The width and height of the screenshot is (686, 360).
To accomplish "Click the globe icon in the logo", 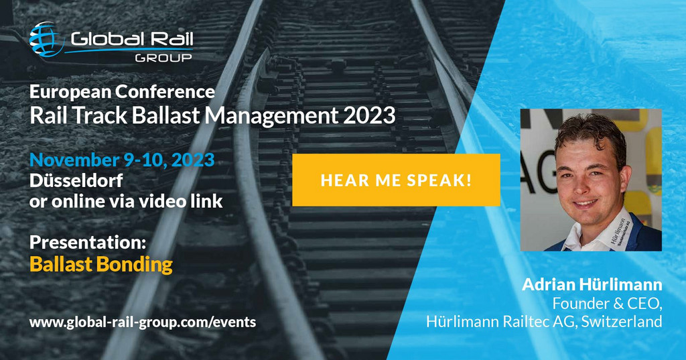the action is (x=46, y=39).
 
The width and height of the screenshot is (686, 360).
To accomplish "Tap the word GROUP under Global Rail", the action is (x=163, y=58).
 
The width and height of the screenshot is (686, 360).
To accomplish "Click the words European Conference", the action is (x=122, y=92).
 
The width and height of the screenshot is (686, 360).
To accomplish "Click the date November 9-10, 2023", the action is (x=122, y=160).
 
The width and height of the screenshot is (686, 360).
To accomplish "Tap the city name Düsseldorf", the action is (x=76, y=180).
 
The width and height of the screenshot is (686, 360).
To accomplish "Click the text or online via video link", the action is (x=126, y=201).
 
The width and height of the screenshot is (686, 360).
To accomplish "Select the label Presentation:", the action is (x=88, y=242).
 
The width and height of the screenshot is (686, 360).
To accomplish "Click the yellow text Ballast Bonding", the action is (x=101, y=265).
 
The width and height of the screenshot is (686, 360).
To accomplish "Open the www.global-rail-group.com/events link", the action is (x=143, y=322).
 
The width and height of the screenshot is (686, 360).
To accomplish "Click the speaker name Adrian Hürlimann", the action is (x=592, y=285).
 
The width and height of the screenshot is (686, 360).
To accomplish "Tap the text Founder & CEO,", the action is (x=607, y=303).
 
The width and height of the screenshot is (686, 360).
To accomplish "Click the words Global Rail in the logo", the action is (x=132, y=40).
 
